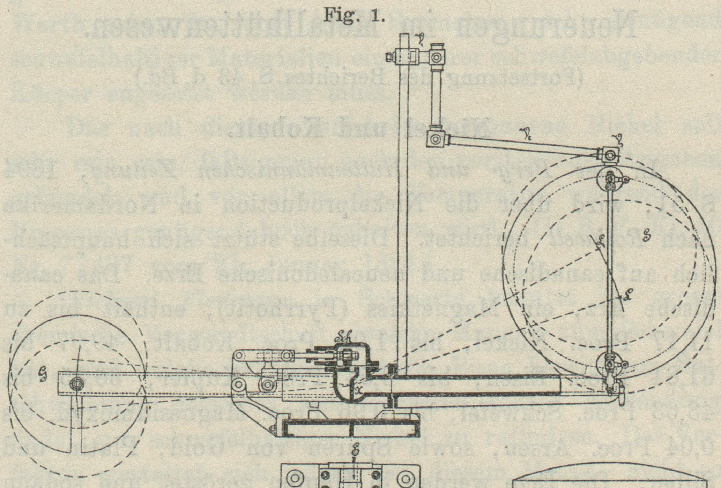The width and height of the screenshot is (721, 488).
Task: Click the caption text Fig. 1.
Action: (x=354, y=16)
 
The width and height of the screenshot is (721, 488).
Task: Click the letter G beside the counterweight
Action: (x=47, y=375)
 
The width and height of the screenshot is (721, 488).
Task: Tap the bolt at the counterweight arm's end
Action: (x=77, y=384)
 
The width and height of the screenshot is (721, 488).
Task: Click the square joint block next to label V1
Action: (x=436, y=57)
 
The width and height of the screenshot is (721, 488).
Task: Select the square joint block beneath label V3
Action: (x=609, y=155)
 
